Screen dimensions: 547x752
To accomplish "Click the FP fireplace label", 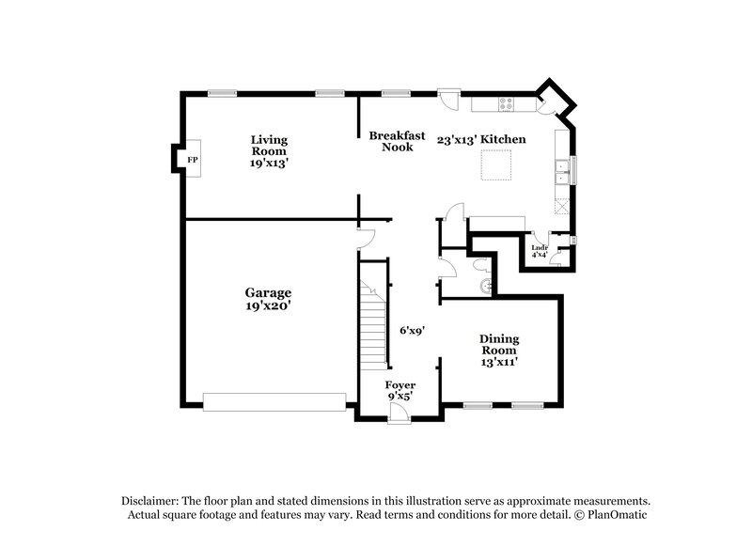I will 192,161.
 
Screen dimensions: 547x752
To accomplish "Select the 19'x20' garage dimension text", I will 269,305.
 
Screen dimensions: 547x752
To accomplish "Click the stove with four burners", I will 509,103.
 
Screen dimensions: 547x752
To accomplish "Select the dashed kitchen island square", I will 497,165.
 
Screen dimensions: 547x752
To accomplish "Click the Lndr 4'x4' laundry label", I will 540,250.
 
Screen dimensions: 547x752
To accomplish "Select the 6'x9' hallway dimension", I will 411,330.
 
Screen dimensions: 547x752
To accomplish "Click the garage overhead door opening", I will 274,401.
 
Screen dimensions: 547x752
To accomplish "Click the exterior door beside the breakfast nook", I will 449,95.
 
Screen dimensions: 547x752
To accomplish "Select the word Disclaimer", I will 152,501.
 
